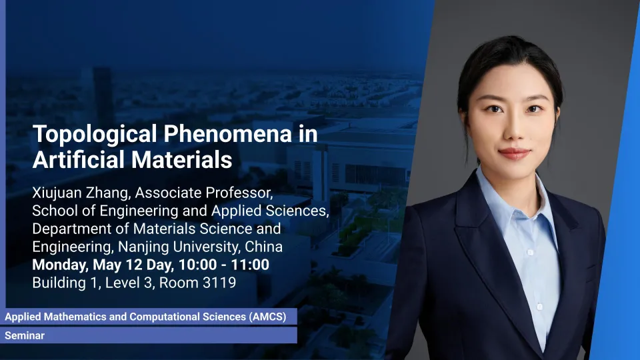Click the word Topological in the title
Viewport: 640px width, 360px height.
[x=95, y=135]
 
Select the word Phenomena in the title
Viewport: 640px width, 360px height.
[x=228, y=133]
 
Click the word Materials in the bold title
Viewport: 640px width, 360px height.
[x=181, y=159]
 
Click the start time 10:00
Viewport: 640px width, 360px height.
[x=198, y=265]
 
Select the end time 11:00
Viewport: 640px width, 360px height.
[x=250, y=265]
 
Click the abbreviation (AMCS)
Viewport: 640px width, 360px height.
[x=267, y=317]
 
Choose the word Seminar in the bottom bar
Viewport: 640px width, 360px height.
[x=25, y=335]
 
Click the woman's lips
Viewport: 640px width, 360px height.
[x=514, y=153]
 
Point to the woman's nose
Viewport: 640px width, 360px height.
[x=514, y=130]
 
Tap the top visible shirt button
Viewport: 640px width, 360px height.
[x=530, y=253]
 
